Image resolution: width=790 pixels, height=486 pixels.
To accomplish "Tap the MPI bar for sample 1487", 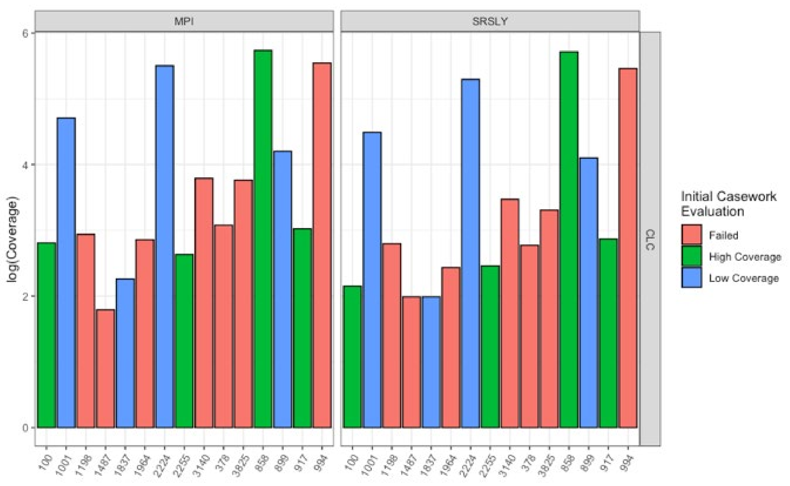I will pyautogui.click(x=105, y=368).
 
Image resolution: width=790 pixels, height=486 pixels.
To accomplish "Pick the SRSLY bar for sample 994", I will pyautogui.click(x=628, y=248).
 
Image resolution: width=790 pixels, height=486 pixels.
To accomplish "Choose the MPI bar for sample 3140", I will pyautogui.click(x=204, y=302).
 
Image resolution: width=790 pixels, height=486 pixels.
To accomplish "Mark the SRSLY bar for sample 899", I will pyautogui.click(x=589, y=293).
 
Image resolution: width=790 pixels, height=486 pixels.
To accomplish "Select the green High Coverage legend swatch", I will pyautogui.click(x=691, y=257).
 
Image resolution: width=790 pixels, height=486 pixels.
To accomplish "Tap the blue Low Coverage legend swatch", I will pyautogui.click(x=691, y=278).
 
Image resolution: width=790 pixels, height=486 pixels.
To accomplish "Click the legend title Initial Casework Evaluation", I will pyautogui.click(x=728, y=204).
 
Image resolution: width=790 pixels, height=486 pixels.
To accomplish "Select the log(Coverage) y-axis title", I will pyautogui.click(x=13, y=239).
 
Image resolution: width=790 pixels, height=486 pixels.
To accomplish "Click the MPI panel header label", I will pyautogui.click(x=184, y=21).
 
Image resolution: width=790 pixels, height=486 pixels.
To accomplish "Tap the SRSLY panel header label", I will pyautogui.click(x=490, y=21).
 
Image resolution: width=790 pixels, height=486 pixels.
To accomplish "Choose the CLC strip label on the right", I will pyautogui.click(x=650, y=239).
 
